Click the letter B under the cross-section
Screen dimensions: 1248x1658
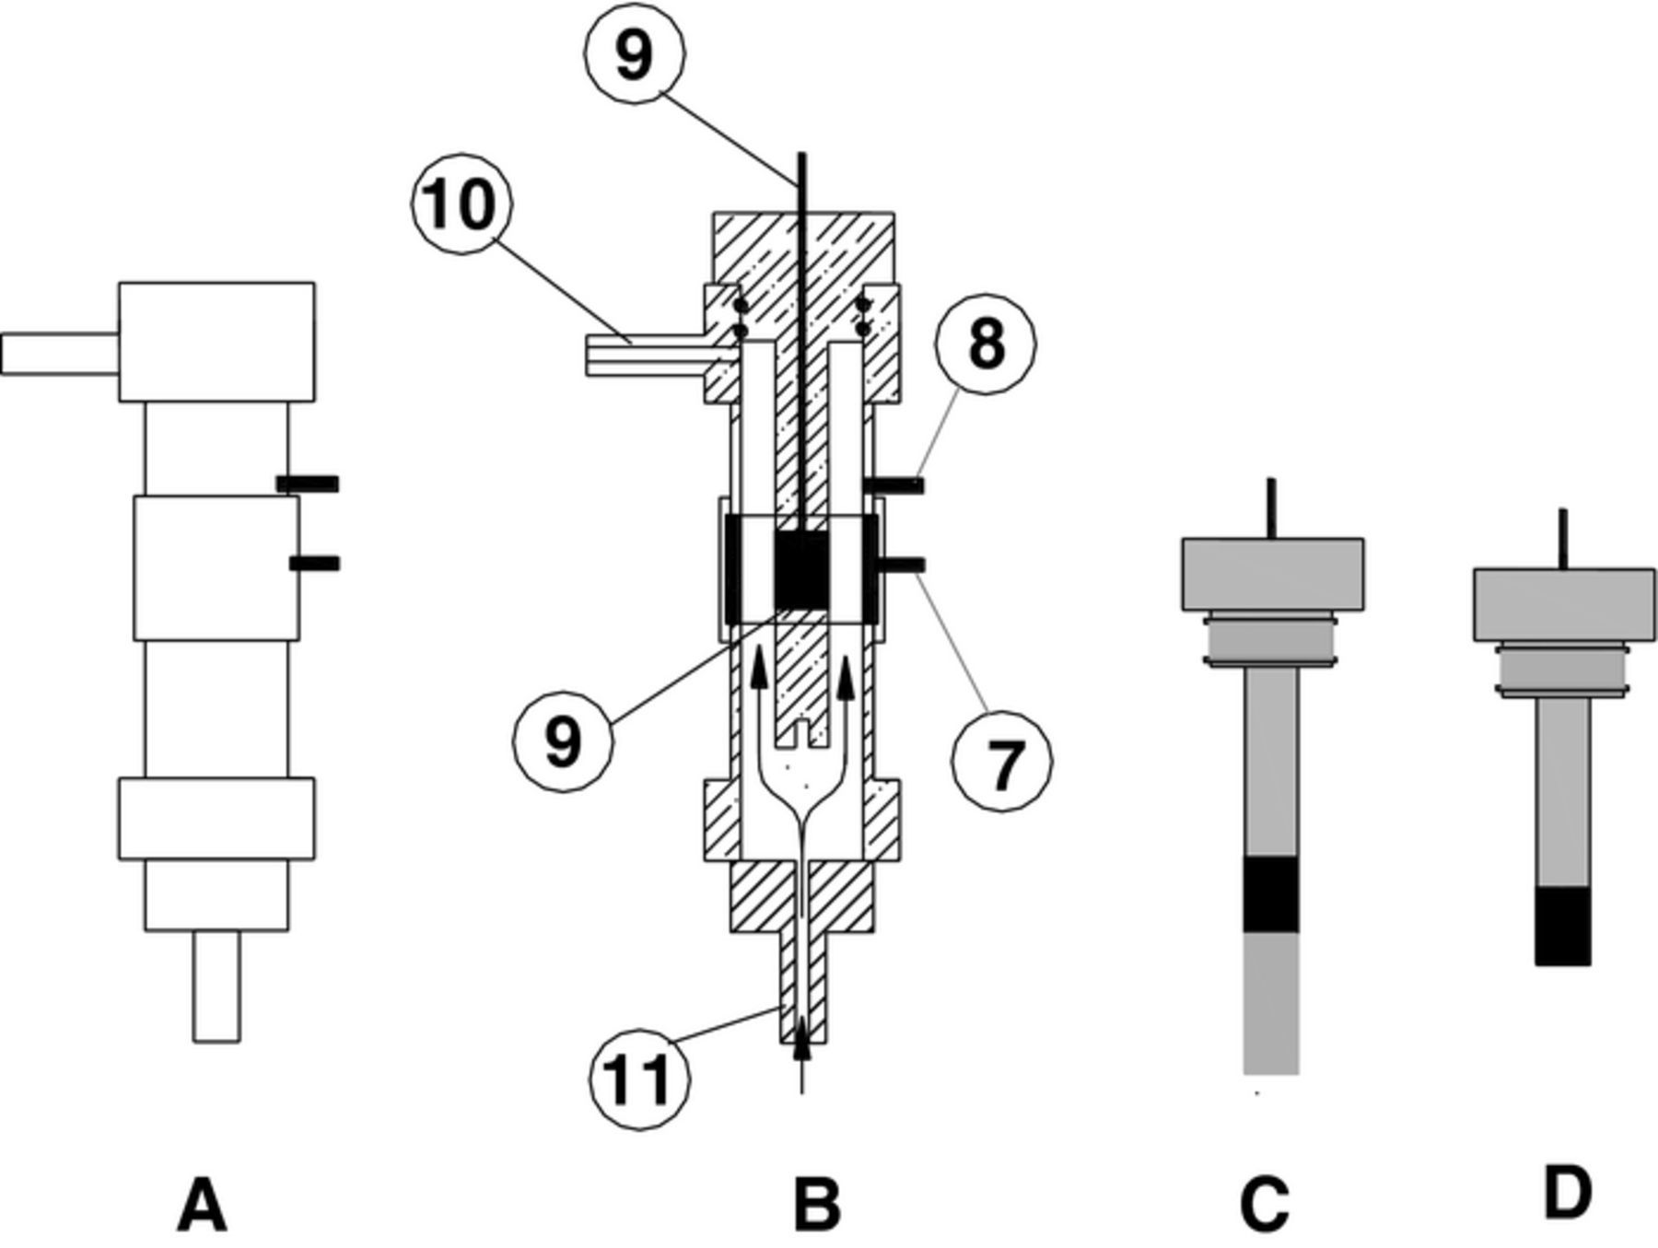[x=817, y=1205]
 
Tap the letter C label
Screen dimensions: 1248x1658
[x=1265, y=1205]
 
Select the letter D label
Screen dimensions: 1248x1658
[x=1566, y=1193]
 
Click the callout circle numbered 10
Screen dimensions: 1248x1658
[x=461, y=204]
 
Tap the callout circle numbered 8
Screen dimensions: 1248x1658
[x=985, y=344]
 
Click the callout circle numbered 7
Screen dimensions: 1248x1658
[x=1001, y=762]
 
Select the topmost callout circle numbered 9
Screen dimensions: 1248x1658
[x=635, y=53]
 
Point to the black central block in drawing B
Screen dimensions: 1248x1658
[x=801, y=572]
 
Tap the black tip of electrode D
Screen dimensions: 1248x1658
[x=1563, y=926]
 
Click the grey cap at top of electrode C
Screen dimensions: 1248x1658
[x=1272, y=574]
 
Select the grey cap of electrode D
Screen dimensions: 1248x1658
[x=1563, y=604]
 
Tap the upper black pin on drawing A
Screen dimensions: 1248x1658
[x=308, y=484]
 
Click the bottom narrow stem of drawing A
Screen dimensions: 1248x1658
[x=216, y=987]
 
